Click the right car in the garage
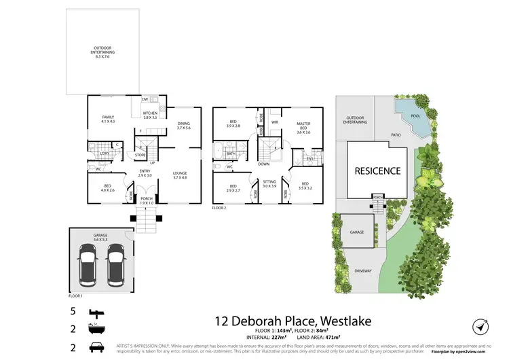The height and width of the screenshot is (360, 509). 116,265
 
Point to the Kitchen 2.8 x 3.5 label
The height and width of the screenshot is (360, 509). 150,115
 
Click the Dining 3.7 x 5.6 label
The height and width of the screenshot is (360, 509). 184,125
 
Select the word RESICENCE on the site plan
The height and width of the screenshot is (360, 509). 378,171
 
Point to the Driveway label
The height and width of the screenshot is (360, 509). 363,271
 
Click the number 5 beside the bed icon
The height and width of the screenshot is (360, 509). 72,312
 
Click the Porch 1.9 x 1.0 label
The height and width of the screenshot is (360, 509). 147,200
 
